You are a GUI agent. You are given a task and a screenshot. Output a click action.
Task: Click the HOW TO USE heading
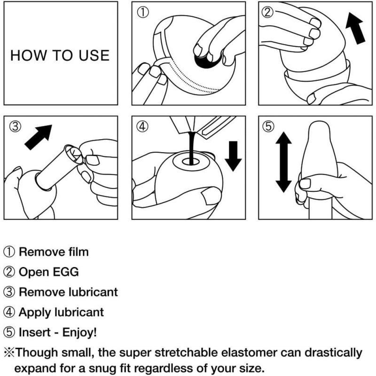[60, 55]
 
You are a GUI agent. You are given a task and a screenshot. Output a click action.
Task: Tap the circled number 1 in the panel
[143, 12]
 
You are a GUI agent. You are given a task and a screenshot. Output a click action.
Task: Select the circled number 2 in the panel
[267, 12]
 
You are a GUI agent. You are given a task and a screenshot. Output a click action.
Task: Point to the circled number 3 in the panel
[15, 126]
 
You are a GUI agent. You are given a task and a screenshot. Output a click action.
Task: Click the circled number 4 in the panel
[143, 126]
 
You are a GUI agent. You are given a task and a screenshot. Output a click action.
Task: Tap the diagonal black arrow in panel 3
[39, 137]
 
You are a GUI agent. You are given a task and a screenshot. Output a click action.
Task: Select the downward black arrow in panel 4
[233, 156]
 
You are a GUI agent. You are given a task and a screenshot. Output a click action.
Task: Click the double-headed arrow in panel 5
[284, 162]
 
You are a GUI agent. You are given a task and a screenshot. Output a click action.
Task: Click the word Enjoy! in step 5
[79, 333]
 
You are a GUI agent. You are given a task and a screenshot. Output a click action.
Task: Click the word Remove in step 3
[42, 292]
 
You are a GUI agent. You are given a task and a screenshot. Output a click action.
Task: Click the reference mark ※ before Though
[9, 353]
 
